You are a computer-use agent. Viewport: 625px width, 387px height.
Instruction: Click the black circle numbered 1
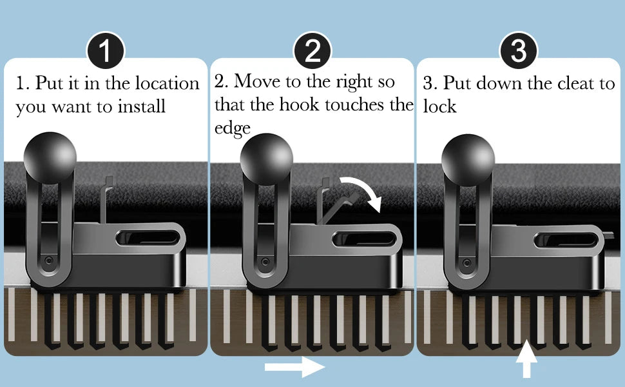point(106,51)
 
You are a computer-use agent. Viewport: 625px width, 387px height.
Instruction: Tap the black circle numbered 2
point(312,51)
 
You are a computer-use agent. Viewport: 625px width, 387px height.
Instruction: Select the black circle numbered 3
point(519,51)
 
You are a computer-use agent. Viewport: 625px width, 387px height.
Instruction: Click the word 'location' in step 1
point(167,83)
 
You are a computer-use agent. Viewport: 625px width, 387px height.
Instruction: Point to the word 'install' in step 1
point(141,106)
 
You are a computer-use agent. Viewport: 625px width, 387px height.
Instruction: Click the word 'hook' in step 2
point(300,104)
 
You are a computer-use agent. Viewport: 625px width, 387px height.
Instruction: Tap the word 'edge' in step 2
point(233,128)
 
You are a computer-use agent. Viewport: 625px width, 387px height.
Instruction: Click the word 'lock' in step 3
point(439,106)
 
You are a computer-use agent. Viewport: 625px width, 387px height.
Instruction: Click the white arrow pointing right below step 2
point(294,366)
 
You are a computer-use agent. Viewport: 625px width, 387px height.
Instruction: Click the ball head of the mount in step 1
point(50,158)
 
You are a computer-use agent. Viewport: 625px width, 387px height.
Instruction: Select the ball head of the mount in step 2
point(267,159)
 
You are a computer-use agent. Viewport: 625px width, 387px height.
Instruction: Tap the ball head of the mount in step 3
point(468,160)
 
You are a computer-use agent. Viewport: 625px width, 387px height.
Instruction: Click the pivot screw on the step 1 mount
point(48,261)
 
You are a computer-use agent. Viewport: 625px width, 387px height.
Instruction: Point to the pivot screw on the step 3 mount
point(466,263)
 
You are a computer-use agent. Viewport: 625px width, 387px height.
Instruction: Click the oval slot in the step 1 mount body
point(148,238)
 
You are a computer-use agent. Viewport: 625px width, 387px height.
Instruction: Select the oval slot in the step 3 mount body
point(566,240)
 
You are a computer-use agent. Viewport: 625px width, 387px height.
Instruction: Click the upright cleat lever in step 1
point(106,199)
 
